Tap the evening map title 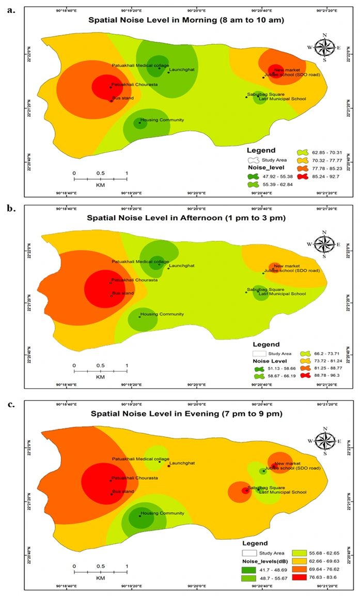pos(188,414)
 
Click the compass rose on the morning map pos(324,48)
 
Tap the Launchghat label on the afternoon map pos(182,266)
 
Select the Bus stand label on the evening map pos(123,491)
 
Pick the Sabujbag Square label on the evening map pos(266,487)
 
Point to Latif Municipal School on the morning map pos(283,99)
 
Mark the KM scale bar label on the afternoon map pos(100,377)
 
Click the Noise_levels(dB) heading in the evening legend pos(264,561)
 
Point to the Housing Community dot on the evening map pos(139,515)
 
